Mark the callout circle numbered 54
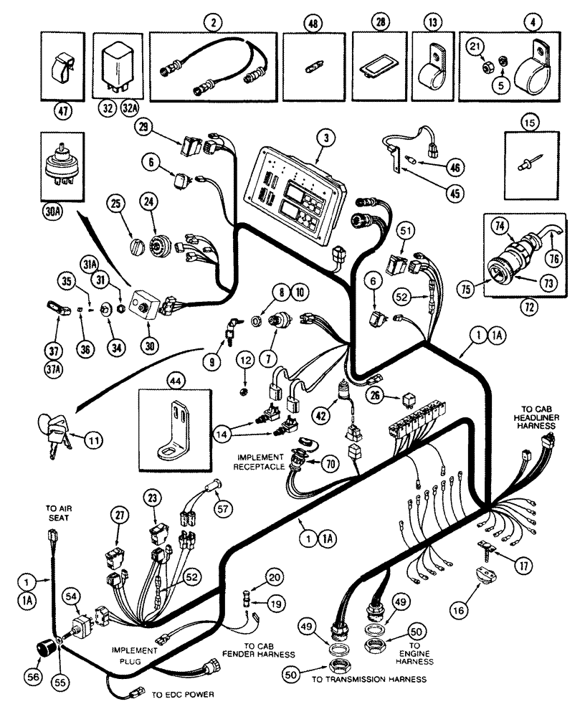pyautogui.click(x=72, y=597)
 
